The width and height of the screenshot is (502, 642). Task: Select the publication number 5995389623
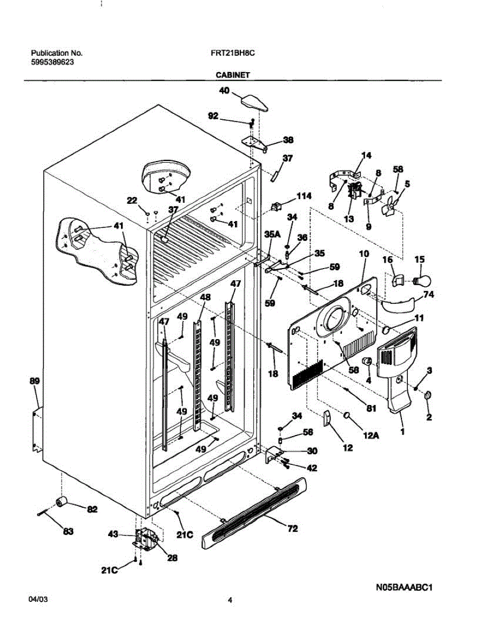click(52, 62)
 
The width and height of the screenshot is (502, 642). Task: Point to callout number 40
click(224, 91)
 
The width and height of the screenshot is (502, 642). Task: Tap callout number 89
click(34, 381)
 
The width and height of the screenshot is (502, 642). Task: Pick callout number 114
click(303, 196)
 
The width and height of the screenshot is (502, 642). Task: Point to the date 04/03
click(38, 600)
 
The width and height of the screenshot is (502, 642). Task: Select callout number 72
click(292, 529)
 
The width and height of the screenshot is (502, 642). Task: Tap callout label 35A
click(272, 234)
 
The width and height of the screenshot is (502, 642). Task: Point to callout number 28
click(172, 557)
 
